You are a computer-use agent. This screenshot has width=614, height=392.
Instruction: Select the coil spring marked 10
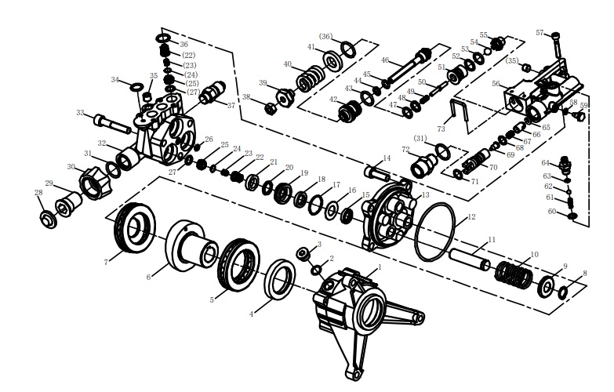pyautogui.click(x=515, y=274)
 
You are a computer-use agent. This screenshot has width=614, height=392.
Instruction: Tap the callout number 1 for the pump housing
pyautogui.click(x=380, y=267)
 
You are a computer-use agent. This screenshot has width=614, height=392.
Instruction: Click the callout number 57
pyautogui.click(x=540, y=33)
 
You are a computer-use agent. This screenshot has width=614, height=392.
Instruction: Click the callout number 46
pyautogui.click(x=385, y=60)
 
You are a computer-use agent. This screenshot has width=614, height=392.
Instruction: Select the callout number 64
pyautogui.click(x=544, y=162)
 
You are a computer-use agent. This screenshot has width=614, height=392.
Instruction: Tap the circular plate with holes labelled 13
pyautogui.click(x=388, y=212)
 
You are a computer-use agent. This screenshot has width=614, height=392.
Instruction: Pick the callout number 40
pyautogui.click(x=288, y=64)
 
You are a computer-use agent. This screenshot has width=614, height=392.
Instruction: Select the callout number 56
pyautogui.click(x=496, y=83)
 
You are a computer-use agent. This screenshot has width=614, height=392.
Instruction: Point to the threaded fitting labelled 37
pyautogui.click(x=209, y=96)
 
